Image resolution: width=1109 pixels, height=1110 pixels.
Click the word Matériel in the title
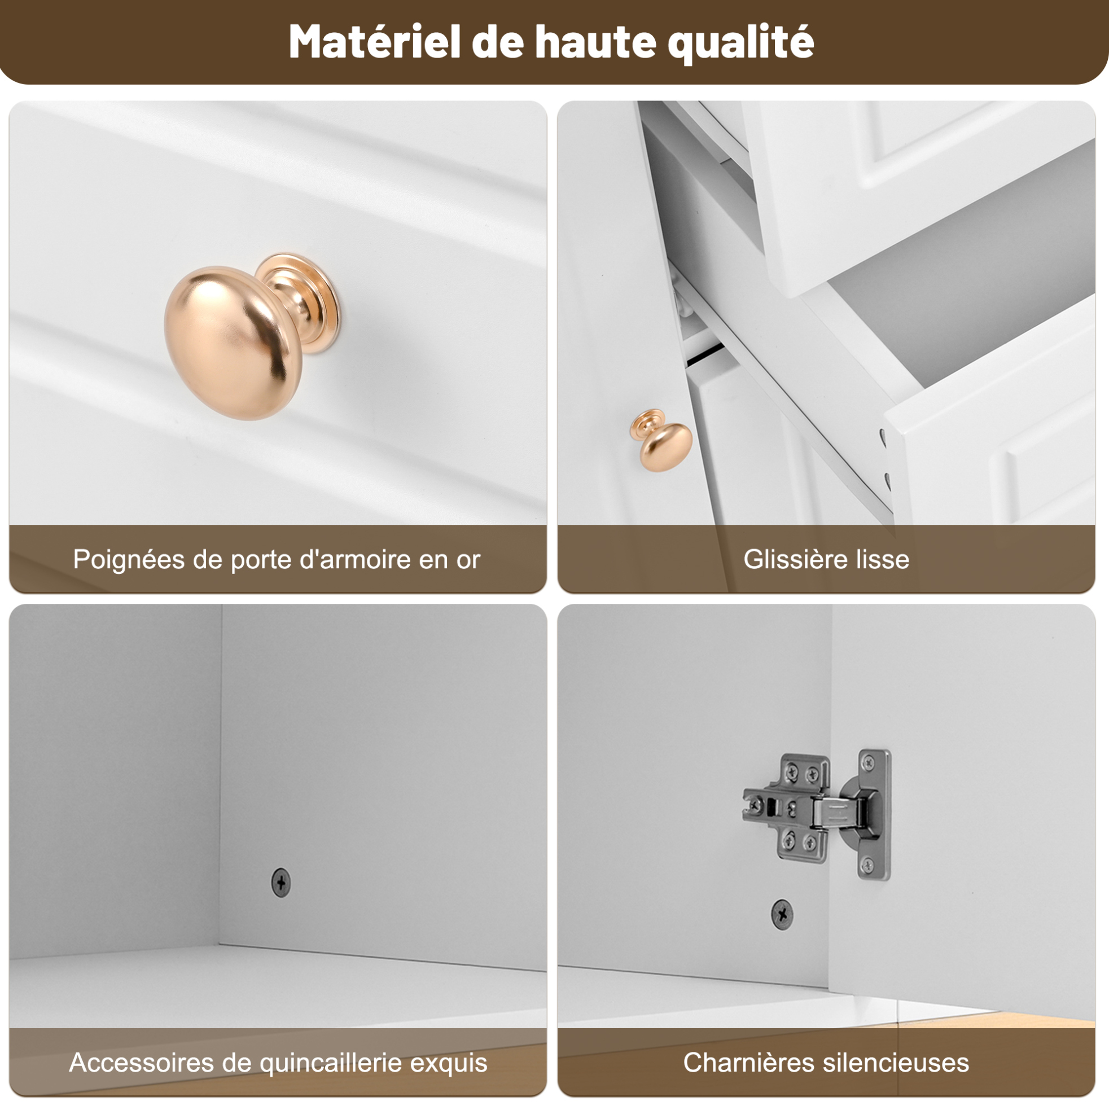(375, 42)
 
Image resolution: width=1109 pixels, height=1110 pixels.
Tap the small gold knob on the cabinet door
(661, 440)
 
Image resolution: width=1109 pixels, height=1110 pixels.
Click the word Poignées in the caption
(129, 560)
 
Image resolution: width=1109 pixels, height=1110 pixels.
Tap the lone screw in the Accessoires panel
(281, 883)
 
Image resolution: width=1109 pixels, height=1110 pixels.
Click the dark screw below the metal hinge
(782, 914)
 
